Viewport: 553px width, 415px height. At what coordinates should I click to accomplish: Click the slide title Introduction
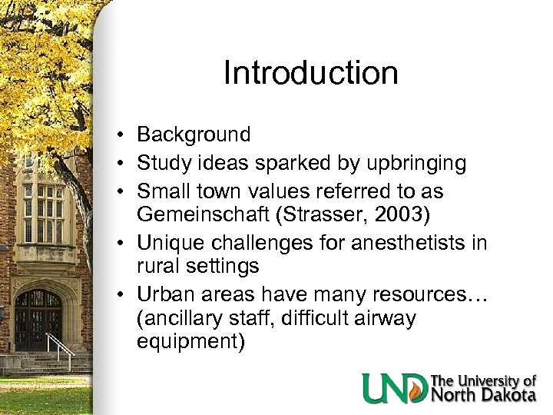pos(310,73)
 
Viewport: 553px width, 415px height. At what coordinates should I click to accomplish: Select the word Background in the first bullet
pos(194,135)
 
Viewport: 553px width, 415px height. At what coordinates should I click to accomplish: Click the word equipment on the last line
pos(190,341)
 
